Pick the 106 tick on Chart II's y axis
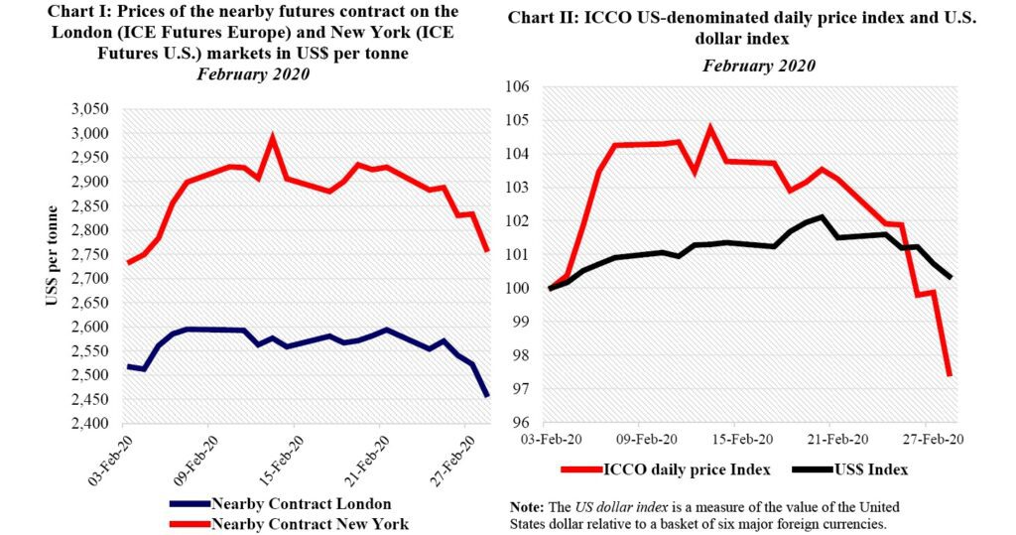point(518,87)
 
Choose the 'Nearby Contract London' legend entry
point(301,503)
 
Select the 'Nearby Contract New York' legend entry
point(309,523)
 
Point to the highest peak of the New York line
point(272,137)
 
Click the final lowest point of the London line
point(486,396)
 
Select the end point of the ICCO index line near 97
point(950,374)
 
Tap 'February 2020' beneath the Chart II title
point(759,67)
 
